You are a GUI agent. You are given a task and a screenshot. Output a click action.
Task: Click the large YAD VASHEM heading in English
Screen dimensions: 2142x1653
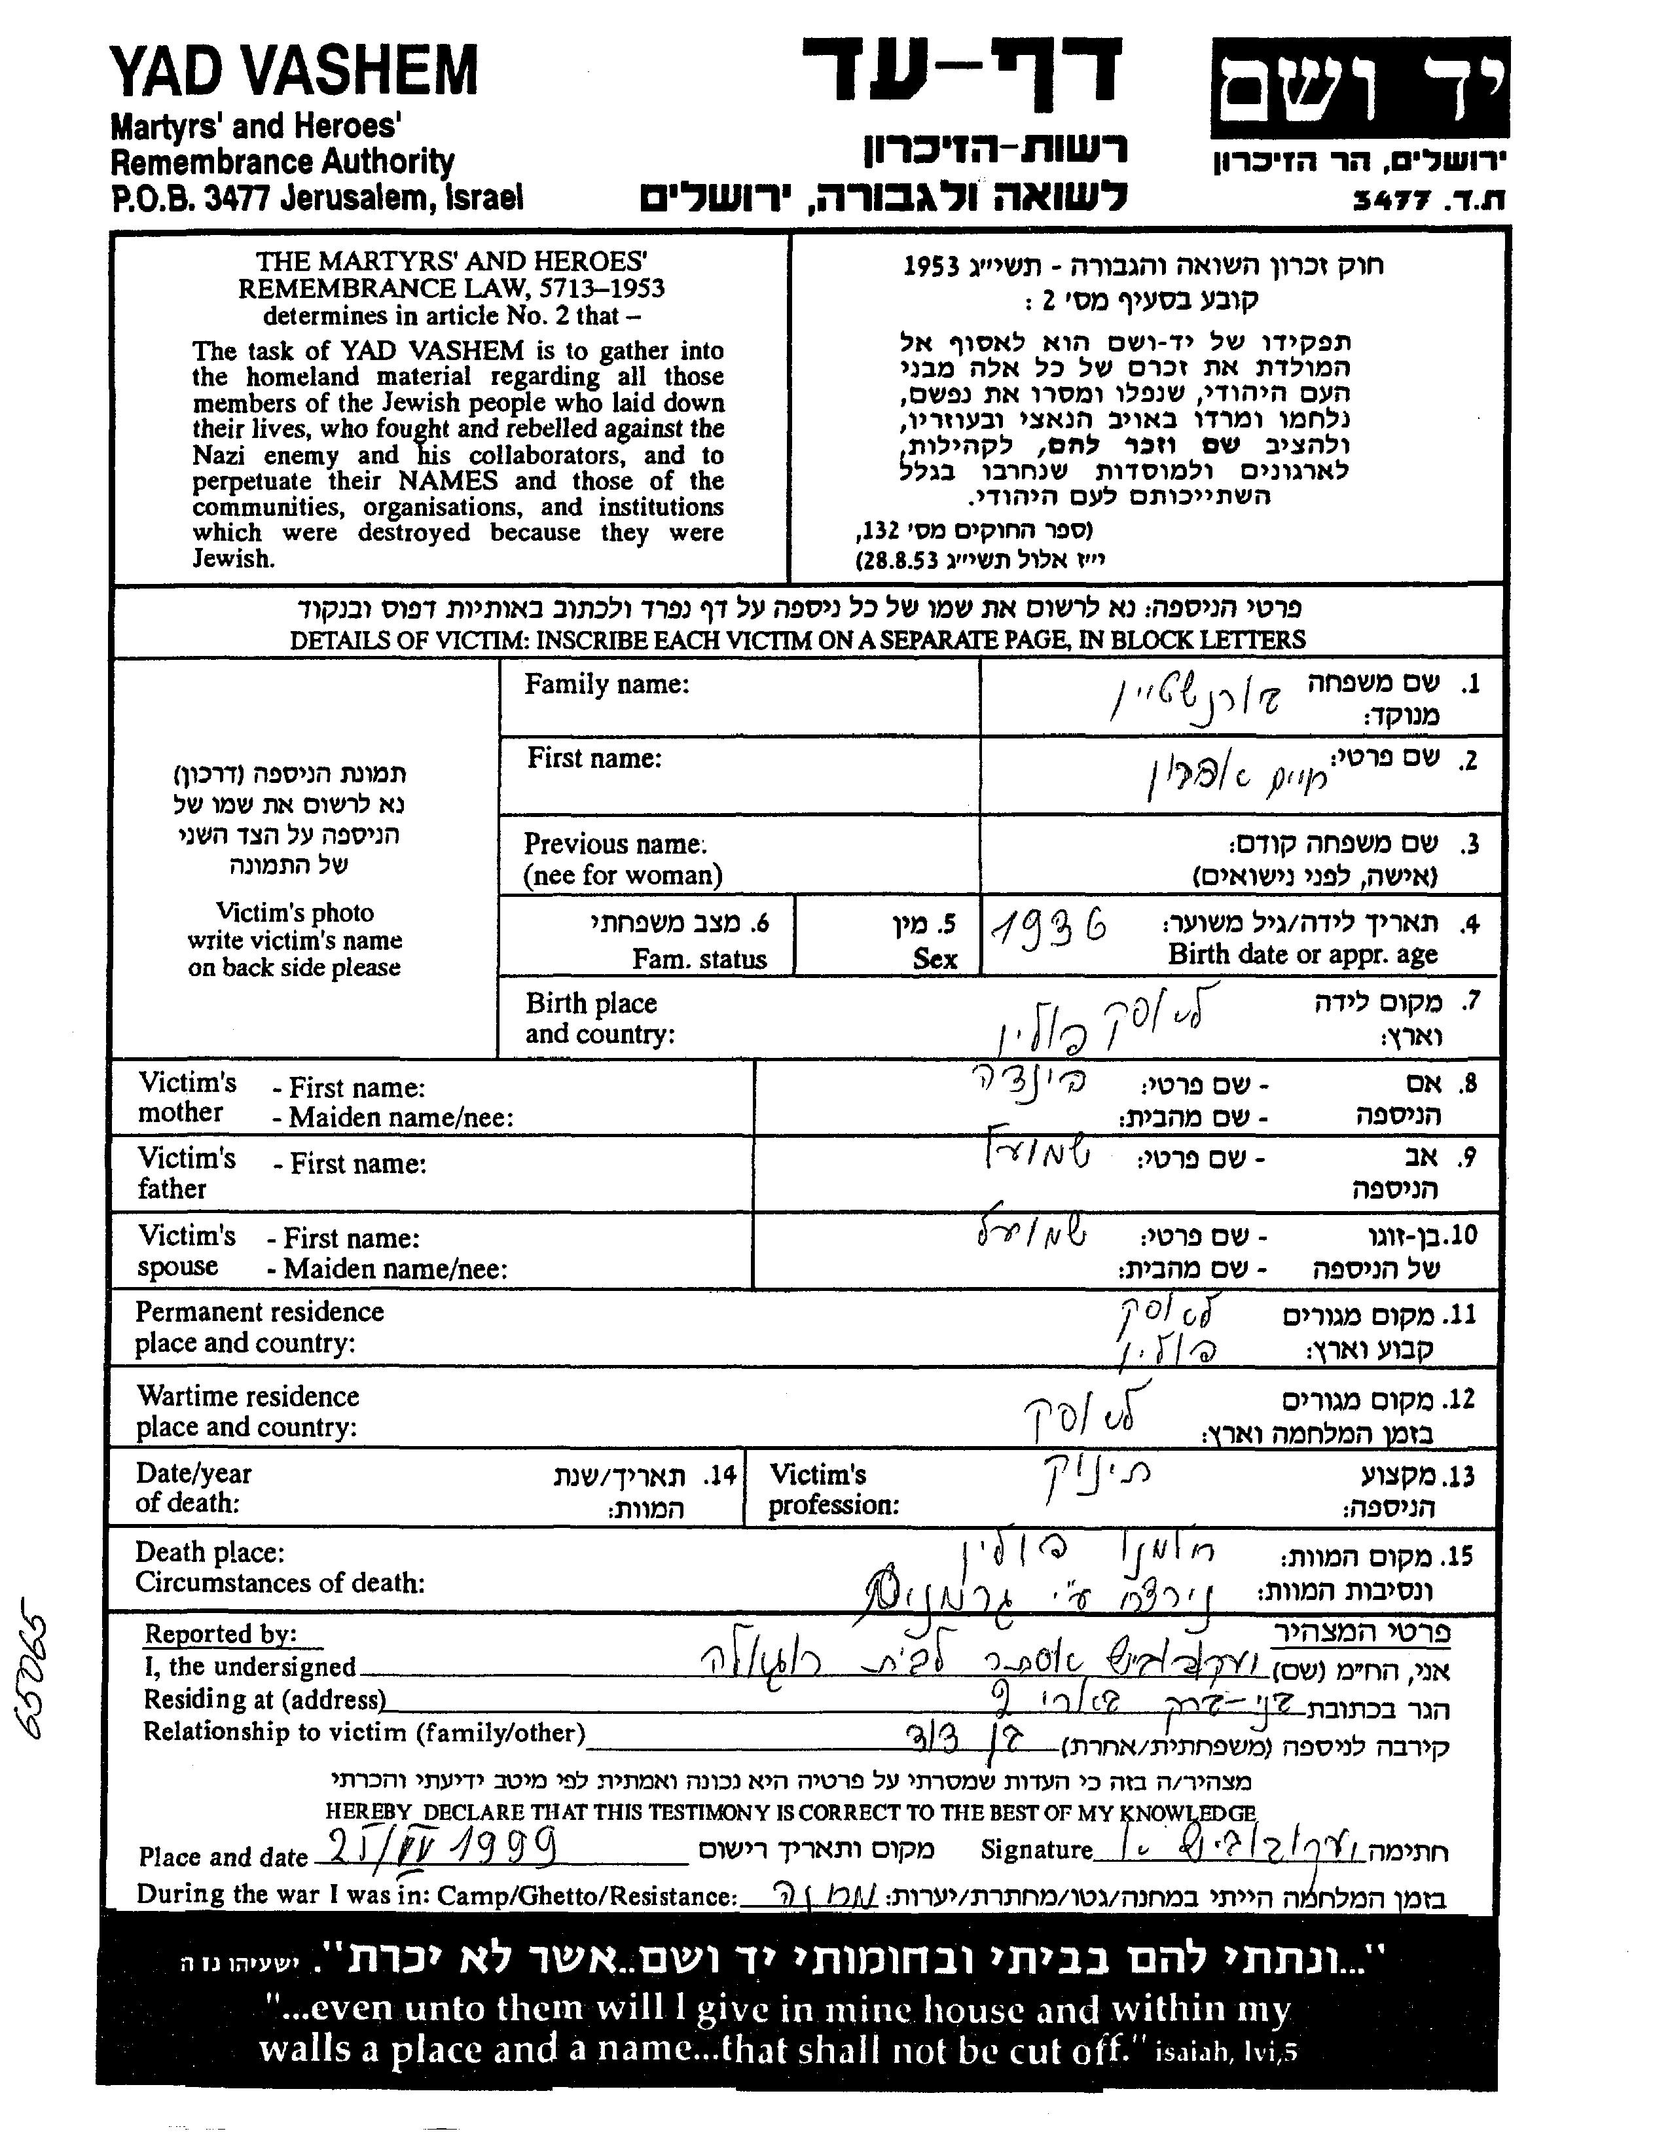[x=293, y=71]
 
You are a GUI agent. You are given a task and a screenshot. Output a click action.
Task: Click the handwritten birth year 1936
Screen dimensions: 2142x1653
[x=1049, y=925]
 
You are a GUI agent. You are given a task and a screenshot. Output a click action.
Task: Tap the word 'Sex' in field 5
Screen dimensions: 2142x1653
[x=934, y=958]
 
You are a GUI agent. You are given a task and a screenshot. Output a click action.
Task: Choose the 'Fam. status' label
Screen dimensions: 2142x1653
[x=699, y=958]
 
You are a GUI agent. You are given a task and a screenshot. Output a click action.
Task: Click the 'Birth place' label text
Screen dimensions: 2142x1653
[x=590, y=1004]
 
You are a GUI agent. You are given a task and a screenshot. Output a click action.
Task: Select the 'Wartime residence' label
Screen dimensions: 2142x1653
[x=247, y=1396]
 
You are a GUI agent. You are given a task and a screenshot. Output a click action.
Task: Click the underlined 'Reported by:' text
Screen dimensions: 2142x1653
[x=220, y=1634]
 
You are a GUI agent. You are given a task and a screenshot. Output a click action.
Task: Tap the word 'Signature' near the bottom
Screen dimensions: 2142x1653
[x=1036, y=1850]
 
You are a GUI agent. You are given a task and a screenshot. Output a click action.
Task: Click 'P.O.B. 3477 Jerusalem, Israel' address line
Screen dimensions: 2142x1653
[x=316, y=199]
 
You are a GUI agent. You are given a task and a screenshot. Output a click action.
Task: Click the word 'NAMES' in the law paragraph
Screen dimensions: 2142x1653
[x=443, y=481]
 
